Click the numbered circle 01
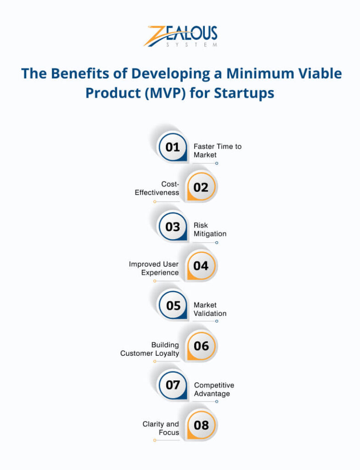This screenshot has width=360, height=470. (173, 147)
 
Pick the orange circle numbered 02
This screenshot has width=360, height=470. (201, 187)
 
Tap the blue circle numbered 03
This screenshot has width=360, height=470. (173, 227)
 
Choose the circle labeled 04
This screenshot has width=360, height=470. (201, 266)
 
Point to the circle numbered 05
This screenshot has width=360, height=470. (173, 306)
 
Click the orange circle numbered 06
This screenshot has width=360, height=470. (201, 346)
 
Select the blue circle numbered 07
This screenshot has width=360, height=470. (173, 385)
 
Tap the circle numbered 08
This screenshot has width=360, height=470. (201, 425)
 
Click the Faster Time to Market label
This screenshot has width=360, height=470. (217, 151)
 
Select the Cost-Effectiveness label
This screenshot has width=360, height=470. (157, 188)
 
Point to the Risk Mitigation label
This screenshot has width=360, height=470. (210, 229)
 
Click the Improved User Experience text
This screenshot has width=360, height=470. (154, 269)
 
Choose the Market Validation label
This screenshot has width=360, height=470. (210, 309)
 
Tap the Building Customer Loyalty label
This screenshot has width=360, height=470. (150, 349)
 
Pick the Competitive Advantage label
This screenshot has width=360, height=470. (214, 389)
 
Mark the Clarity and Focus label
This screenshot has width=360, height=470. (161, 428)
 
